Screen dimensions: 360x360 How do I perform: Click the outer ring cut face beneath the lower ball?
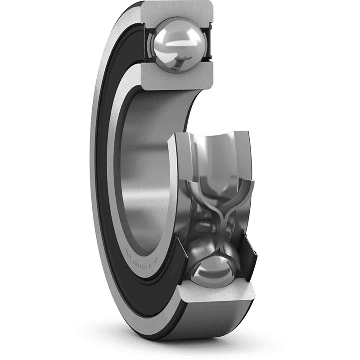coord(216,299)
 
